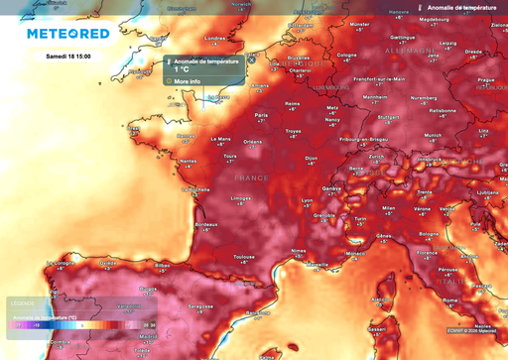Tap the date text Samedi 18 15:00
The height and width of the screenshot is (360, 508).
(69, 57)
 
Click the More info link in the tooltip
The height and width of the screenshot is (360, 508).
(188, 81)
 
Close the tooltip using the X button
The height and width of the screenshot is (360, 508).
(252, 60)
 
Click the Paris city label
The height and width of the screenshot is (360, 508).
(263, 115)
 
